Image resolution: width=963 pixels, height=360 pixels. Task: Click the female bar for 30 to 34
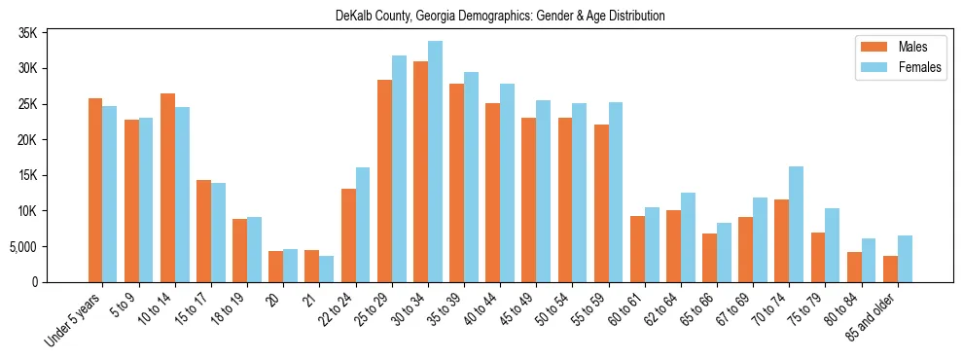click(435, 162)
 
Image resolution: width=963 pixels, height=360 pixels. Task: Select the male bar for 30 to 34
click(420, 171)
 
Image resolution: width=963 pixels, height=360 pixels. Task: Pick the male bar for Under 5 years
click(95, 190)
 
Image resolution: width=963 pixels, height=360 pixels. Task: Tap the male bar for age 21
click(312, 266)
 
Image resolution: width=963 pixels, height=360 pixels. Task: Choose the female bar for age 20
click(290, 266)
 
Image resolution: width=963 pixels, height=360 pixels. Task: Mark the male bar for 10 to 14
click(167, 188)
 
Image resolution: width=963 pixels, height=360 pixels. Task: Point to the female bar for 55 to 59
click(615, 192)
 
